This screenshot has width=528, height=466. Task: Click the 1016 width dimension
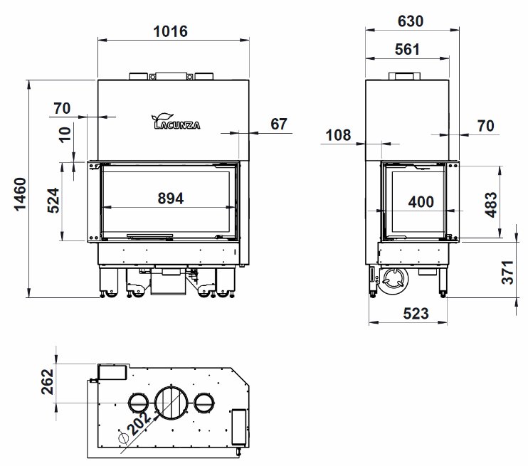[x=170, y=31]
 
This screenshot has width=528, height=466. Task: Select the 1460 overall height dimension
[x=20, y=194]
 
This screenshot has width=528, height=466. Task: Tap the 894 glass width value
[x=171, y=198]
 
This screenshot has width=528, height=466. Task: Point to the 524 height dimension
[x=53, y=201]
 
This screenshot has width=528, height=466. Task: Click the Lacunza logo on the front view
[x=176, y=122]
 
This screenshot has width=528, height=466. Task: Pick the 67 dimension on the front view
[x=279, y=124]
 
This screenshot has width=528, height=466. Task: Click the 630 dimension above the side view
[x=411, y=21]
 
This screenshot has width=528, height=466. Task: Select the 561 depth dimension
[x=408, y=50]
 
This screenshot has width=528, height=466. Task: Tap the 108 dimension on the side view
[x=338, y=135]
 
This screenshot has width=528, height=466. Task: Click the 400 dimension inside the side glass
[x=421, y=202]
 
